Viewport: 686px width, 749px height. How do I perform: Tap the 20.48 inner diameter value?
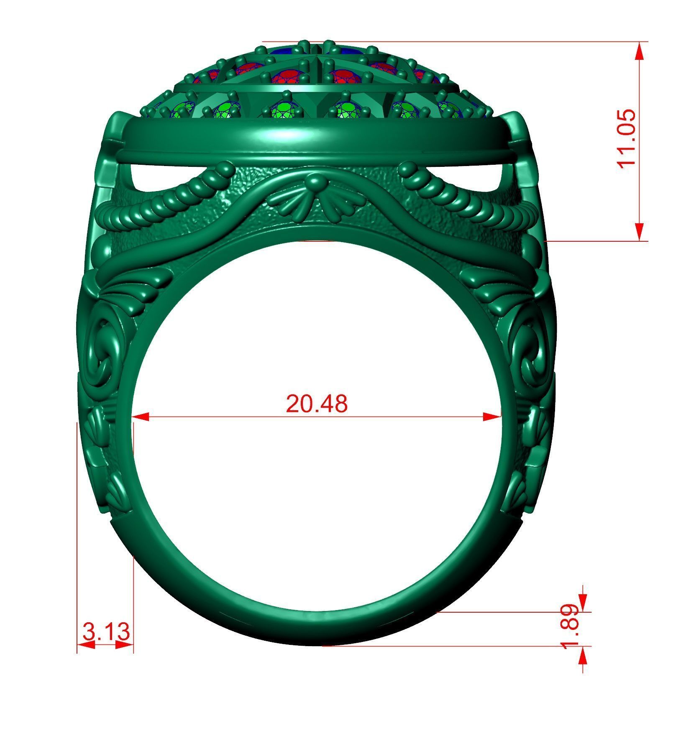click(x=317, y=404)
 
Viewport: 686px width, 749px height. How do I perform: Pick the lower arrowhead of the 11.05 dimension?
click(x=639, y=232)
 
